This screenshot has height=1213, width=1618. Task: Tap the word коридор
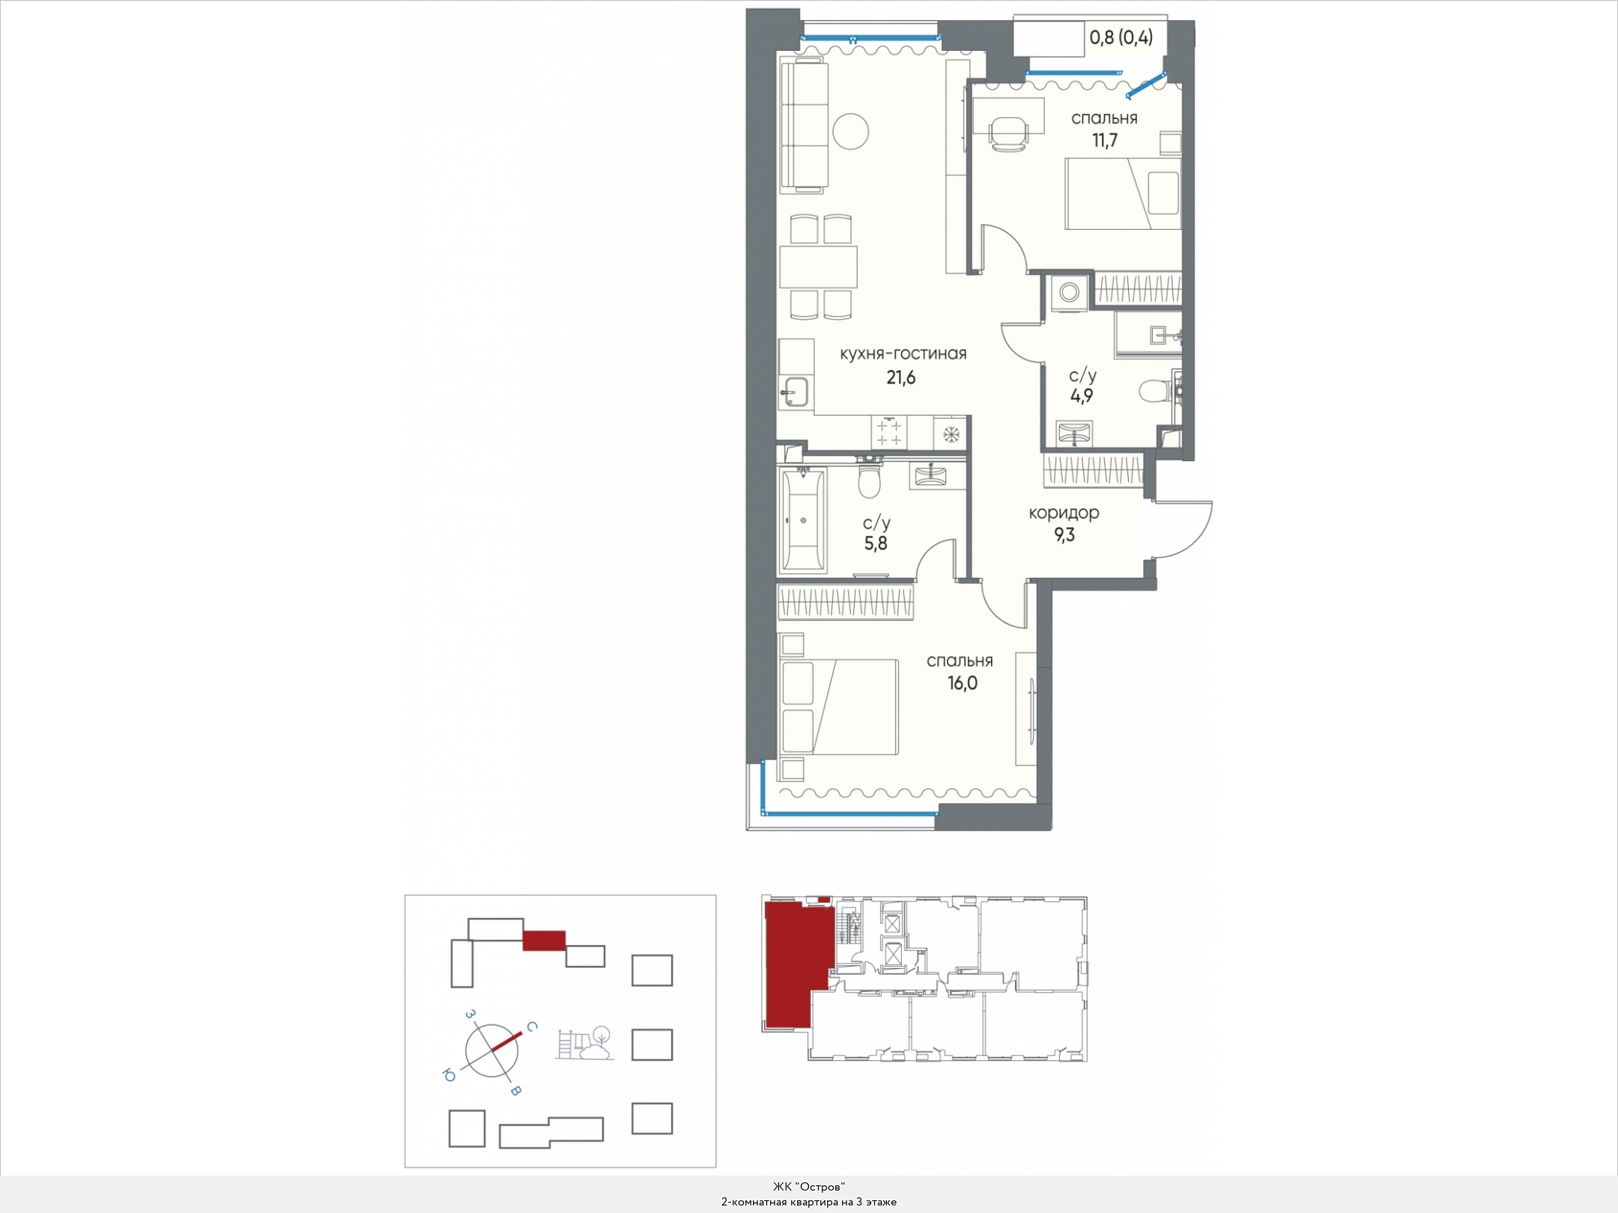tap(1064, 513)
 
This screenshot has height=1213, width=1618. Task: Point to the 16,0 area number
tap(963, 684)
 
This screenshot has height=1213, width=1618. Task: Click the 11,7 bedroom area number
tap(1105, 140)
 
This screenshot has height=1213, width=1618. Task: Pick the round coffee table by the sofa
tap(850, 132)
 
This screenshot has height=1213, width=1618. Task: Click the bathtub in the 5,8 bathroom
tap(804, 520)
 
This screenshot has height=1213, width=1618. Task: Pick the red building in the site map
tap(544, 940)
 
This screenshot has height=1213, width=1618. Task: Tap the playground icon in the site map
tap(584, 1044)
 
